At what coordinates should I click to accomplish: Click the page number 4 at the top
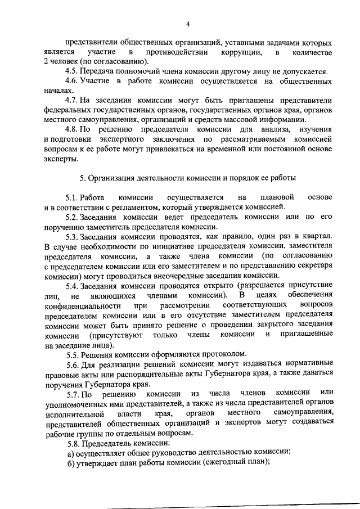(188, 23)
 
